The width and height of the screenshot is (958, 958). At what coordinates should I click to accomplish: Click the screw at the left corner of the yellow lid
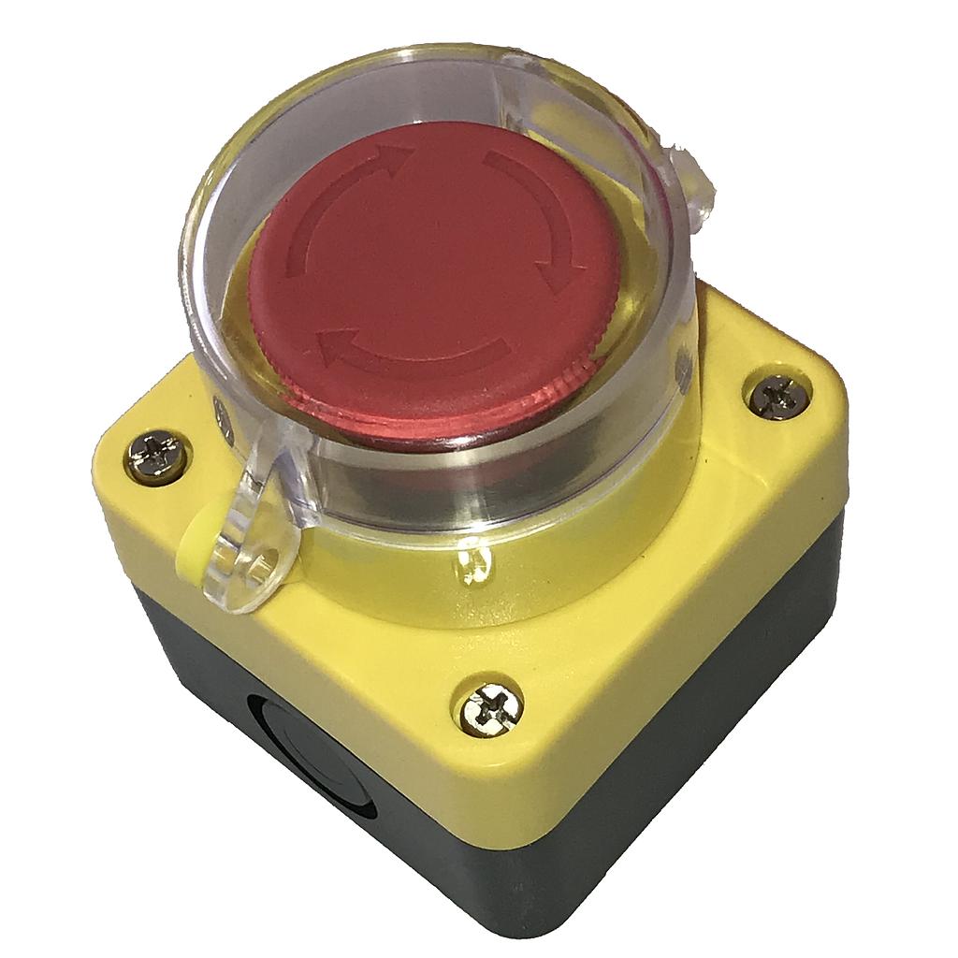(155, 458)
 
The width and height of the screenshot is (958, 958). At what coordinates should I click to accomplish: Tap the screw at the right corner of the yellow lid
(777, 397)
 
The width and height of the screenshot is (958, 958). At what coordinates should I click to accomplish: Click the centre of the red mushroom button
(436, 271)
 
